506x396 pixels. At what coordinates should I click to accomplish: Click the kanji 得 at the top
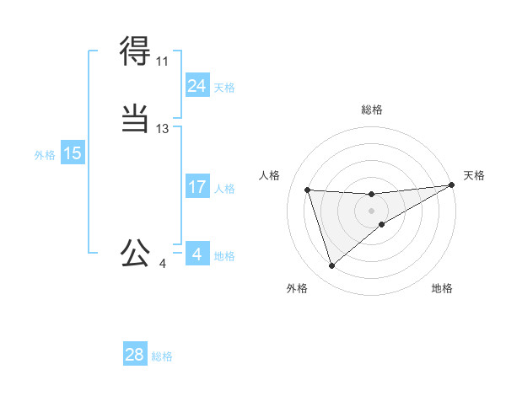point(135,52)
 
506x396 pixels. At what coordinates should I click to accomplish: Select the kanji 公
point(135,252)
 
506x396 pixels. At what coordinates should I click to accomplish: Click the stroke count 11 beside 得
point(162,62)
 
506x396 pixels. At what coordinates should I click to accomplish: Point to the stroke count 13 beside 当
point(162,129)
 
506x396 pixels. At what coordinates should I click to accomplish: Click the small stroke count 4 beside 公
point(162,264)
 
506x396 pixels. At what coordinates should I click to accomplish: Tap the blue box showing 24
point(196,86)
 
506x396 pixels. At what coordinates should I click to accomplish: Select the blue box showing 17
point(196,187)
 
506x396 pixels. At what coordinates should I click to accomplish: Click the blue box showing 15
point(72,153)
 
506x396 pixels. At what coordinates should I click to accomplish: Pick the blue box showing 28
point(135,355)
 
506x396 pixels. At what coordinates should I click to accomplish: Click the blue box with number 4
point(196,254)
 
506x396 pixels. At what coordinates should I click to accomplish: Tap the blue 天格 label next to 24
point(224,88)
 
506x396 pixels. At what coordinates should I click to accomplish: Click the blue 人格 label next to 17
point(224,189)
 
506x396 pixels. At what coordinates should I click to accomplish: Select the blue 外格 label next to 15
point(45,155)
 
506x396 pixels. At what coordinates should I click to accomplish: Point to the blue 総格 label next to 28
point(163,356)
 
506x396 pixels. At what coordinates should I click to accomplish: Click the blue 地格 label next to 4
point(224,256)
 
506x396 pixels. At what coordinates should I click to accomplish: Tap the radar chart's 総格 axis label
point(372,110)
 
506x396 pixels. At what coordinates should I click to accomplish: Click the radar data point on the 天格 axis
point(451,185)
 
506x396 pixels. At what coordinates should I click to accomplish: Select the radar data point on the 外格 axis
point(331,266)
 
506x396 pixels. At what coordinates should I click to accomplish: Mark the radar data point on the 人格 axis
point(308,190)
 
